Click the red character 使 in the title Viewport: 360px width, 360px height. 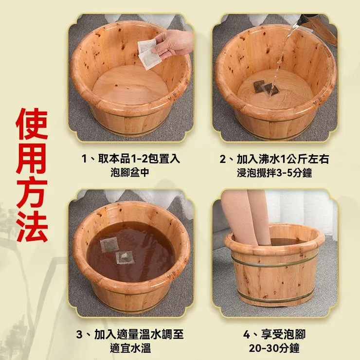pos(32,124)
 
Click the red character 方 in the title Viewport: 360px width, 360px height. pos(32,192)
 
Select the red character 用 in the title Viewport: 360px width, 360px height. pos(32,159)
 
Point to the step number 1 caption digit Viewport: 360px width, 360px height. pos(85,159)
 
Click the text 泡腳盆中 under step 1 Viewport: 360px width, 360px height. pos(130,173)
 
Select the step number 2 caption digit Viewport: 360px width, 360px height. pos(223,160)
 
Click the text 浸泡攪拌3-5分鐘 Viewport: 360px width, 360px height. pos(274,173)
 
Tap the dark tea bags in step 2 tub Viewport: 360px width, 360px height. pos(266,88)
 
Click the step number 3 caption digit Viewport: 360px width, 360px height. pos(79,335)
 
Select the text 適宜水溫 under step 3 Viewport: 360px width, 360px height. pos(130,348)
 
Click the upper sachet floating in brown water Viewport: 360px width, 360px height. pos(109,245)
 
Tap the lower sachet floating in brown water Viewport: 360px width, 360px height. pos(125,257)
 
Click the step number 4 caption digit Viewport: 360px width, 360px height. pos(247,335)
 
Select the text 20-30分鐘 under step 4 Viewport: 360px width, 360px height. pos(274,348)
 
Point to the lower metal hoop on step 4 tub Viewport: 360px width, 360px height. pos(275,297)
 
